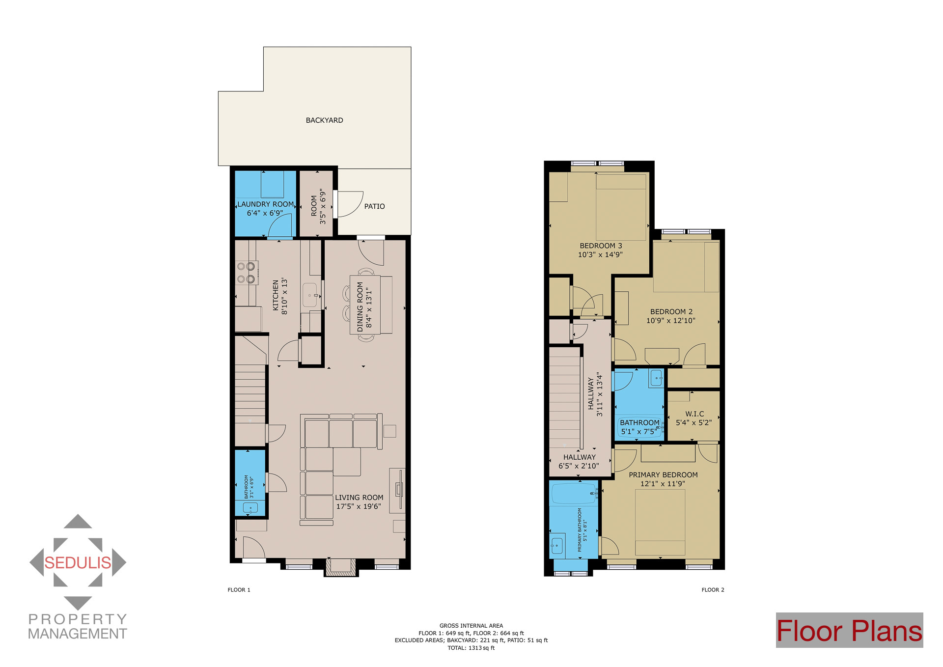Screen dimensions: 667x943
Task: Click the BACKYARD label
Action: pyautogui.click(x=324, y=120)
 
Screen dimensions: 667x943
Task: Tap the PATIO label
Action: pyautogui.click(x=374, y=206)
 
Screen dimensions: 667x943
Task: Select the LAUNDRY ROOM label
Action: pyautogui.click(x=265, y=204)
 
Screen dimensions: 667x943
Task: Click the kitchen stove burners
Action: pyautogui.click(x=246, y=273)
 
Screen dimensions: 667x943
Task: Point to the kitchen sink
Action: pyautogui.click(x=310, y=295)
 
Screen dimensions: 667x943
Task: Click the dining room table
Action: pyautogui.click(x=365, y=305)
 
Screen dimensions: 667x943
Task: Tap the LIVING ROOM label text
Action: pyautogui.click(x=359, y=498)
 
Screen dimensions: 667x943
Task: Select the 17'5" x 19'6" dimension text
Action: pyautogui.click(x=359, y=506)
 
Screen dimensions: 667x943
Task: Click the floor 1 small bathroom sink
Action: pyautogui.click(x=250, y=508)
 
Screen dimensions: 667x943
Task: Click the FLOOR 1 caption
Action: pyautogui.click(x=239, y=590)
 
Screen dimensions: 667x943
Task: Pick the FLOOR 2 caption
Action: pyautogui.click(x=713, y=590)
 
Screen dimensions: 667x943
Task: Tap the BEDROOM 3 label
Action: pyautogui.click(x=601, y=246)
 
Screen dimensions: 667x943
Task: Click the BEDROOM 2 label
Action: pyautogui.click(x=671, y=312)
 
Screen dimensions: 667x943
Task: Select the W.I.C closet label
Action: pyautogui.click(x=694, y=414)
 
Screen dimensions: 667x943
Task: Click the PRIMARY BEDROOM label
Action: pyautogui.click(x=663, y=475)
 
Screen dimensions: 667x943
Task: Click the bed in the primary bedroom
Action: pyautogui.click(x=660, y=523)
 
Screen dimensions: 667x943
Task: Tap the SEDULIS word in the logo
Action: pyautogui.click(x=78, y=563)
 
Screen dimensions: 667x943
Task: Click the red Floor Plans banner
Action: pyautogui.click(x=849, y=631)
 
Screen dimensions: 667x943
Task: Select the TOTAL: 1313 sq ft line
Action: pyautogui.click(x=471, y=648)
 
